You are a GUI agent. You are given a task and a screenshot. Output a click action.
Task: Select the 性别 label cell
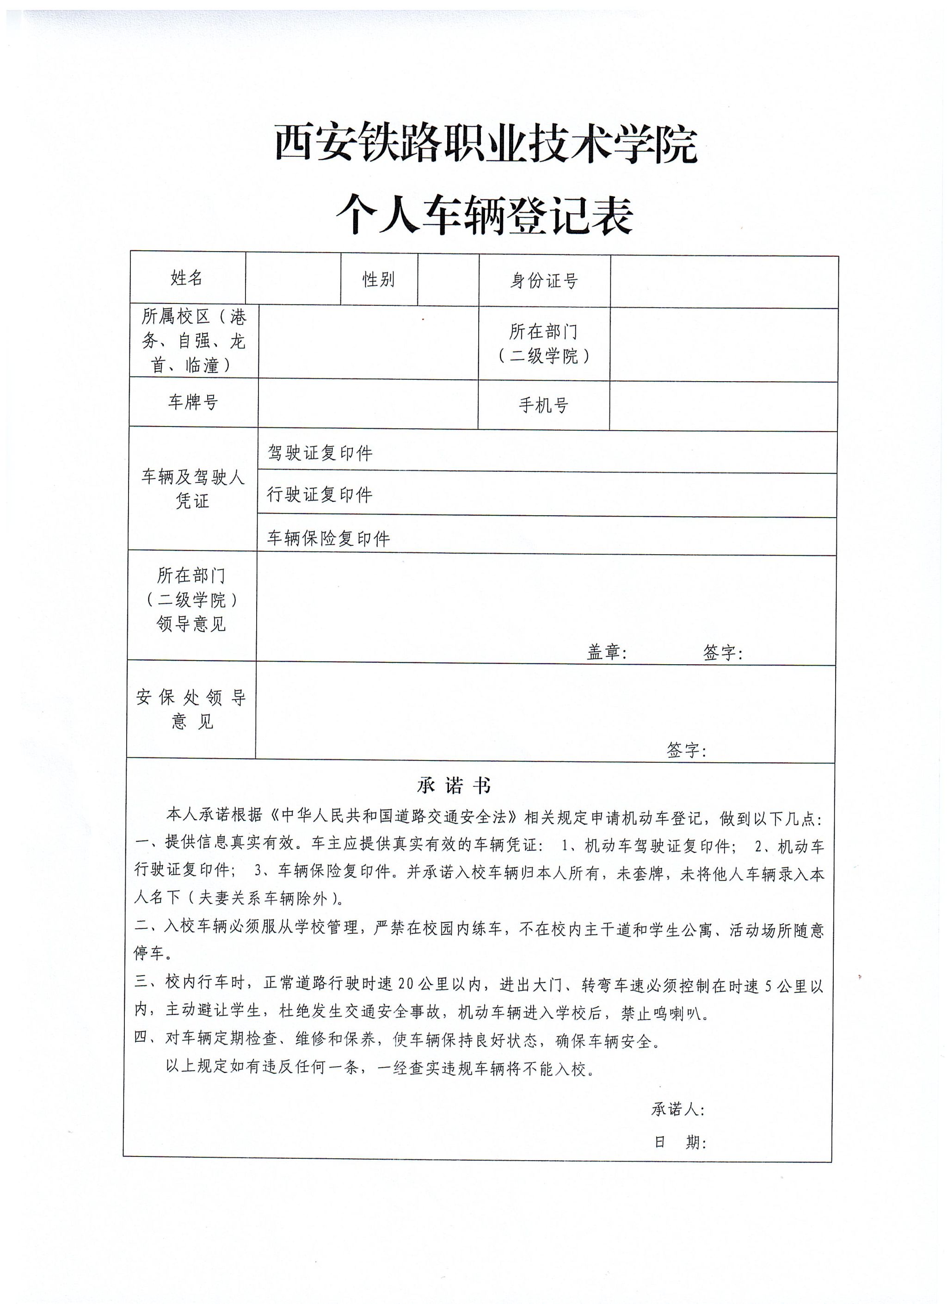pyautogui.click(x=378, y=279)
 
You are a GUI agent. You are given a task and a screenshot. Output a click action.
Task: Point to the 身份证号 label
pyautogui.click(x=544, y=281)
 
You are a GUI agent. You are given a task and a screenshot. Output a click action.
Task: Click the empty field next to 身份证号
pyautogui.click(x=724, y=282)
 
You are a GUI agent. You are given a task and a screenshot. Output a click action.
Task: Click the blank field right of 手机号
pyautogui.click(x=722, y=407)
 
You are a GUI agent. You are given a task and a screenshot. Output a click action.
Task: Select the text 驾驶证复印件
pyautogui.click(x=320, y=453)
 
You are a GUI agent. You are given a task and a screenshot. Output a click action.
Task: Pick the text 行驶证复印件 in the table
pyautogui.click(x=320, y=494)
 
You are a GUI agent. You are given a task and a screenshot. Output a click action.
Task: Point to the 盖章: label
pyautogui.click(x=606, y=652)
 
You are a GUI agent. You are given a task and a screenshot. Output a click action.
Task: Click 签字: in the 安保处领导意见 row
pyautogui.click(x=686, y=750)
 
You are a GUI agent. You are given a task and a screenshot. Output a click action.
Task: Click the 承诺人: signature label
pyautogui.click(x=677, y=1109)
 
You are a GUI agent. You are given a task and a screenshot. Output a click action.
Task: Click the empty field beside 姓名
pyautogui.click(x=293, y=278)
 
